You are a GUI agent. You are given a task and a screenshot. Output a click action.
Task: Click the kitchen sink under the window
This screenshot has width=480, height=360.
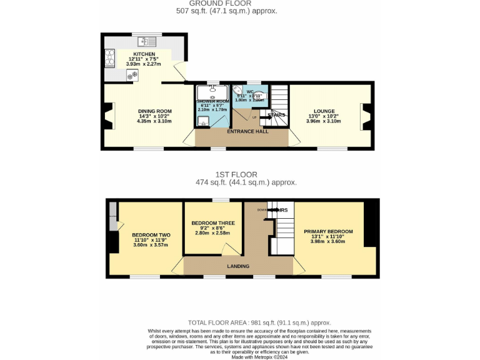point(147,42)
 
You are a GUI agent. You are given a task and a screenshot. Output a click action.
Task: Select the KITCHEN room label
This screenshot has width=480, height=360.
point(144,54)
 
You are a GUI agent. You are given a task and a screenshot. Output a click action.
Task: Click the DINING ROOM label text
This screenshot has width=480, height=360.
point(154,111)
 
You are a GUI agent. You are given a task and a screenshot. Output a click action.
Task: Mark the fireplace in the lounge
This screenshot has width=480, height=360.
point(366,116)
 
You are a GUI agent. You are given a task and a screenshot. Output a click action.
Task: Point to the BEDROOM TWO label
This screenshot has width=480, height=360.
point(151,235)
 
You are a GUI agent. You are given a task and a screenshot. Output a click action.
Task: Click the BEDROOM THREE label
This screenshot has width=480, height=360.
point(213,223)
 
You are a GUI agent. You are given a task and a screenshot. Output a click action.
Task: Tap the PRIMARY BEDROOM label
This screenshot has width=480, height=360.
point(328,231)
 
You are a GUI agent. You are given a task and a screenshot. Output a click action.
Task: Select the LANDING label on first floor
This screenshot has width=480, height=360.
point(238,266)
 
